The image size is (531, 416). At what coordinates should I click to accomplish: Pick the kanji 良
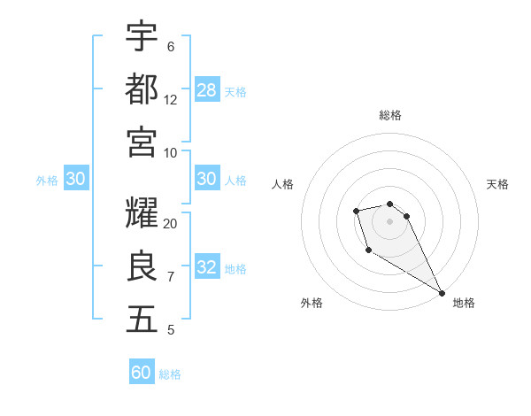pyautogui.click(x=142, y=266)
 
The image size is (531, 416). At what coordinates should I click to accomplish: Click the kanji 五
pyautogui.click(x=142, y=320)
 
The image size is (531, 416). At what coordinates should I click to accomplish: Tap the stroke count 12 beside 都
pyautogui.click(x=171, y=100)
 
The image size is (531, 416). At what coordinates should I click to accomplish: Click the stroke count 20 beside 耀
pyautogui.click(x=171, y=224)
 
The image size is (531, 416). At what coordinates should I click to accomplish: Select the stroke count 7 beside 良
pyautogui.click(x=170, y=277)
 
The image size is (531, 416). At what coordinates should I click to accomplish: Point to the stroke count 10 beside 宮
pyautogui.click(x=171, y=153)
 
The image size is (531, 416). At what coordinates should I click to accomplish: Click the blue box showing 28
pyautogui.click(x=207, y=89)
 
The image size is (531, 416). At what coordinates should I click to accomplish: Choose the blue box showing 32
pyautogui.click(x=207, y=268)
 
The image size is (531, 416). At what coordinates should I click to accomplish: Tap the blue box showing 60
pyautogui.click(x=142, y=373)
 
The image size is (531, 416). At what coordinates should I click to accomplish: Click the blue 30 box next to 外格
pyautogui.click(x=75, y=180)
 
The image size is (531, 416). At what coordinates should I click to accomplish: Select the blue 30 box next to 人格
pyautogui.click(x=207, y=180)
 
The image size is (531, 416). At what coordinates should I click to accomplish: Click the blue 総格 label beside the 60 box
pyautogui.click(x=170, y=374)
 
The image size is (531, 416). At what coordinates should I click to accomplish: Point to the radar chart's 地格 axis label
pyautogui.click(x=464, y=303)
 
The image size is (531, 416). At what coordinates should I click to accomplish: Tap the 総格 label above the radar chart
pyautogui.click(x=389, y=115)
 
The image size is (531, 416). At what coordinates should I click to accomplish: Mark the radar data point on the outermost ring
pyautogui.click(x=442, y=293)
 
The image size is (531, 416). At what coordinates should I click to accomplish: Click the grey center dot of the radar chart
pyautogui.click(x=389, y=220)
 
